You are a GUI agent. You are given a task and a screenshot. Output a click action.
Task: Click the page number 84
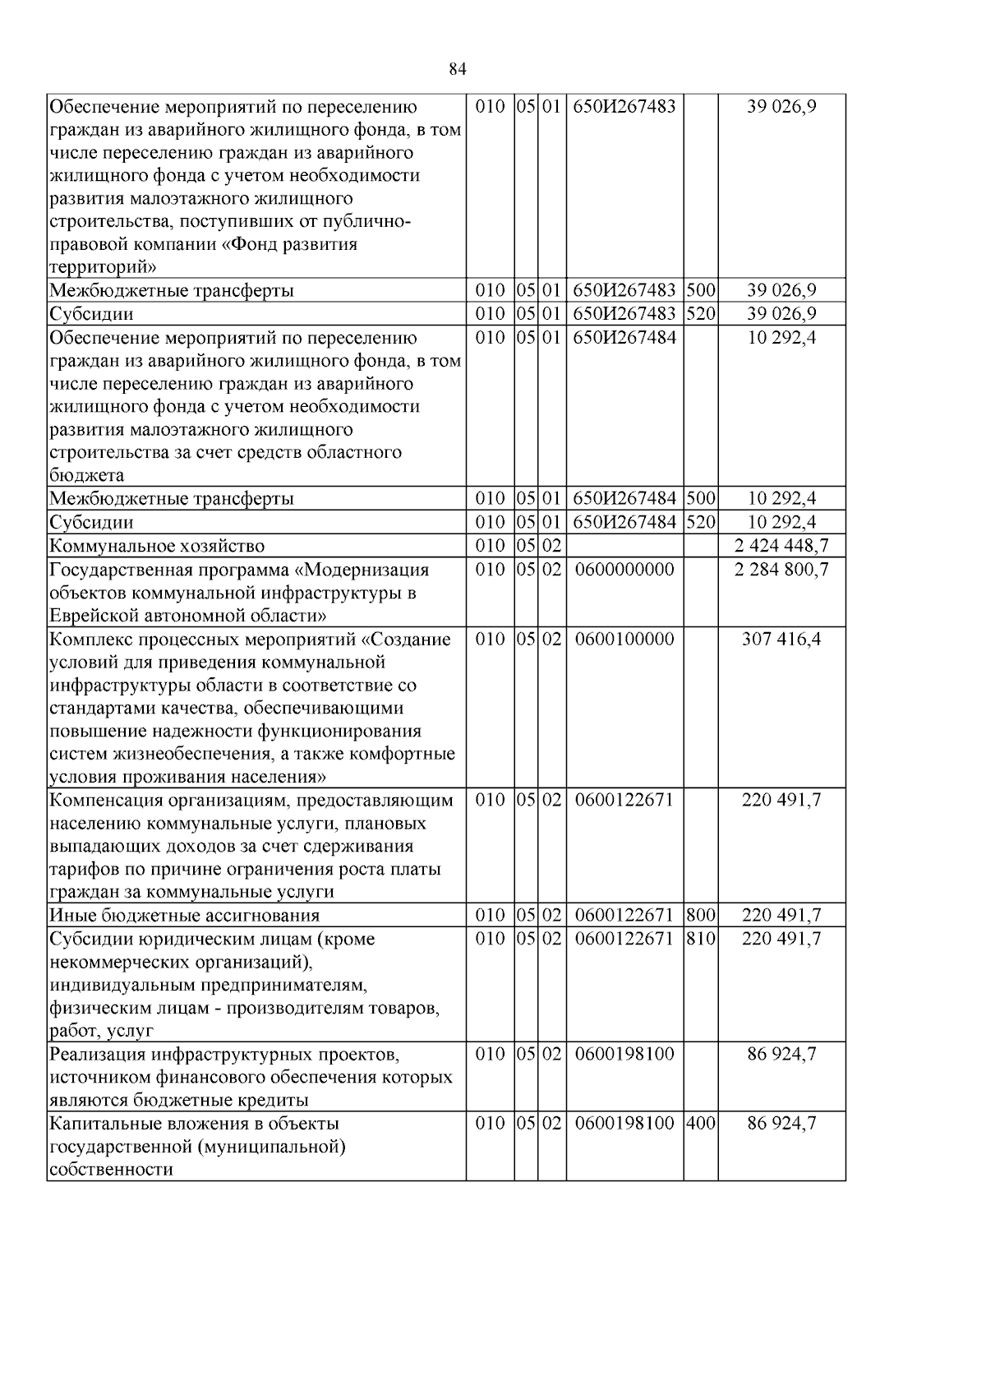[x=458, y=69]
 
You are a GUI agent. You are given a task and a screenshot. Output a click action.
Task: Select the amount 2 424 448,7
[x=781, y=546]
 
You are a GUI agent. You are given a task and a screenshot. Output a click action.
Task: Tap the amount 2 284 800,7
[x=781, y=569]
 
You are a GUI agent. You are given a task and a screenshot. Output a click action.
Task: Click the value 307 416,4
[x=781, y=639]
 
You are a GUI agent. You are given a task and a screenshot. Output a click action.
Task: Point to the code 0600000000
[x=624, y=569]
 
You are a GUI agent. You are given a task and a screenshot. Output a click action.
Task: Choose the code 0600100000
[x=624, y=639]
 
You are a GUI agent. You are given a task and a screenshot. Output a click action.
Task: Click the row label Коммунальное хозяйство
[x=157, y=546]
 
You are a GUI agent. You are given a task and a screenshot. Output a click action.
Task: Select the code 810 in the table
[x=700, y=938]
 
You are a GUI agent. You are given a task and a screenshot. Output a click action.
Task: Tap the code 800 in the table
[x=700, y=915]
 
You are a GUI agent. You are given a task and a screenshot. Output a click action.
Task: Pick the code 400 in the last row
[x=700, y=1123]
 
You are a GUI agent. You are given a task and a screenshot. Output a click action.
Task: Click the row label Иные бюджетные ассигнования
[x=184, y=915]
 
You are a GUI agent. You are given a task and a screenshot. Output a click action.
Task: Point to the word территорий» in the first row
[x=103, y=267]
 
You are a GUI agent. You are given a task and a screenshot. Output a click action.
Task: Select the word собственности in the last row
[x=111, y=1169]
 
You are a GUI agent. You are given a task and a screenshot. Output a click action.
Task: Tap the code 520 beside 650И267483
[x=700, y=314]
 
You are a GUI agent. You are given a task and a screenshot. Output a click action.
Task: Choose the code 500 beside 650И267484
[x=700, y=498]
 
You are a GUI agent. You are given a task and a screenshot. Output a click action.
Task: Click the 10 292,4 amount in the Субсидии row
[x=781, y=522]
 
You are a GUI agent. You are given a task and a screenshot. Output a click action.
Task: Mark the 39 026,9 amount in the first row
[x=781, y=107]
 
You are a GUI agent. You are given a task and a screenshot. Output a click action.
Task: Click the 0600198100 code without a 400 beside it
[x=624, y=1054]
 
